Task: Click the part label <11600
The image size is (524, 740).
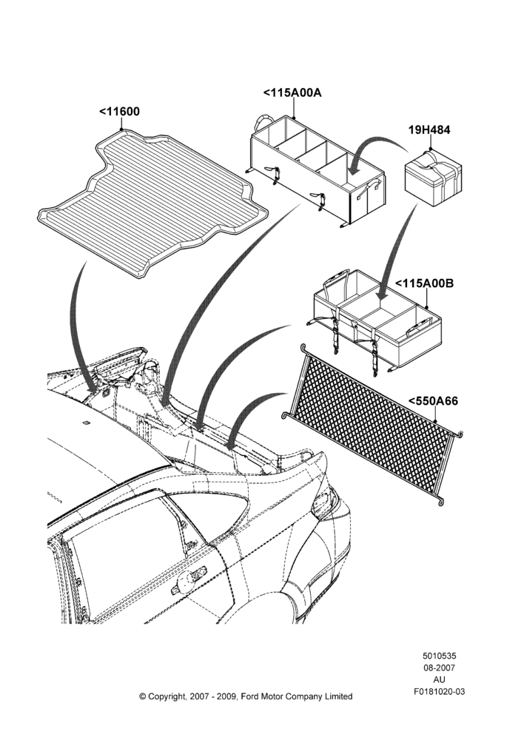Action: pos(119,112)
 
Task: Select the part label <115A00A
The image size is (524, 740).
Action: pos(292,92)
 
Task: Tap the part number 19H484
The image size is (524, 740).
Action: pos(429,129)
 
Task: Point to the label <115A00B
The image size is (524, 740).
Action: pos(424,283)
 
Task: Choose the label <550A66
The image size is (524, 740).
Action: pos(433,400)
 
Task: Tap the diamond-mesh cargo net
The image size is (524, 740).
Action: pos(372,423)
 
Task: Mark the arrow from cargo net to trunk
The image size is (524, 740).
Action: pos(250,410)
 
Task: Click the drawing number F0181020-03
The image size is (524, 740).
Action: pos(439,691)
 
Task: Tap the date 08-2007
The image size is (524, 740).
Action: pos(439,667)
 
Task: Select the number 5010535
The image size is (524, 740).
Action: pos(439,656)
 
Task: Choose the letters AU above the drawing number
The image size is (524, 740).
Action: pos(439,679)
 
